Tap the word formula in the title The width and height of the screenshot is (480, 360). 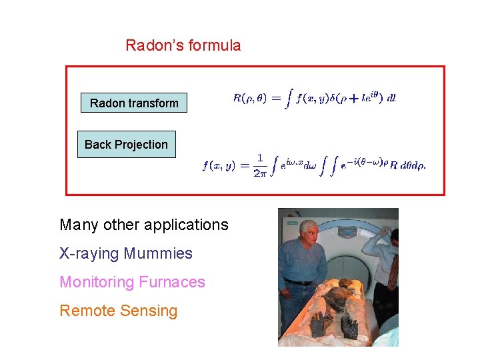[x=214, y=46]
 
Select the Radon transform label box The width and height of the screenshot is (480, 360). [x=134, y=103]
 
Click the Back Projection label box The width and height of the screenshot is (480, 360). [x=127, y=144]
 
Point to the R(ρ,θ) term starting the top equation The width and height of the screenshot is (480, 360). [x=249, y=98]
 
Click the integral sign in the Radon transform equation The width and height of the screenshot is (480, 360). [x=289, y=98]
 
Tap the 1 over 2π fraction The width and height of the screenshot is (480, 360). [x=260, y=165]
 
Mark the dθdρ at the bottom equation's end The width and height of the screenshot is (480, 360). [x=413, y=166]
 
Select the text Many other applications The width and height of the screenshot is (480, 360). [x=144, y=225]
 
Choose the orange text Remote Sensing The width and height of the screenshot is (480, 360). [x=119, y=311]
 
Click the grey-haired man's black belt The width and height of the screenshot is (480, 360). [x=298, y=282]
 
